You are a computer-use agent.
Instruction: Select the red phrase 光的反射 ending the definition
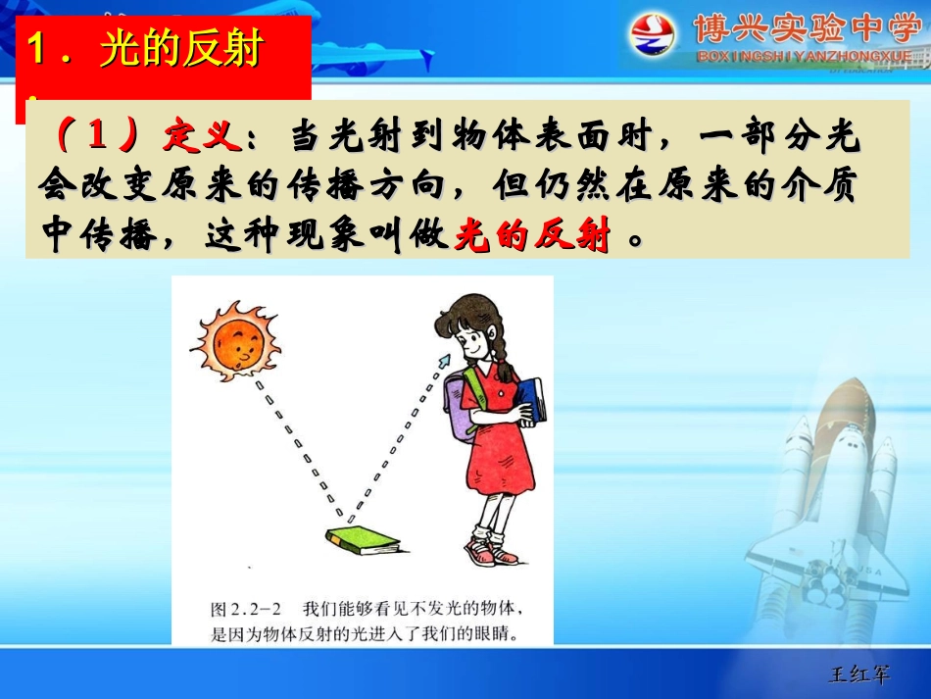(x=532, y=236)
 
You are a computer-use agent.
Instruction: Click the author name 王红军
(x=860, y=674)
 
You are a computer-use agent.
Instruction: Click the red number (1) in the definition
(x=96, y=138)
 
